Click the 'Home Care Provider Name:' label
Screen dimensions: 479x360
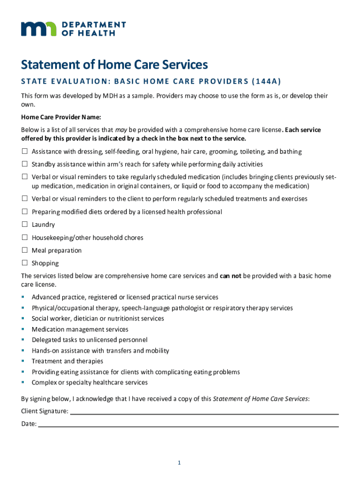coord(61,117)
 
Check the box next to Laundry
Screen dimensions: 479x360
coord(24,225)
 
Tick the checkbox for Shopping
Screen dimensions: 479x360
coord(24,263)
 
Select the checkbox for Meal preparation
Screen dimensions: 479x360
coord(24,251)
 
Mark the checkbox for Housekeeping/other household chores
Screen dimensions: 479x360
coord(24,238)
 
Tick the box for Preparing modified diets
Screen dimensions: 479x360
coord(24,212)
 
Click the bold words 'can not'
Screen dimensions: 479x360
coord(230,276)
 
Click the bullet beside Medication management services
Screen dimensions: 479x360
coord(22,329)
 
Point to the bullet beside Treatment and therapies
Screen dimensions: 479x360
coord(22,361)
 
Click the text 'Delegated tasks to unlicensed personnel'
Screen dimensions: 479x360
coord(89,340)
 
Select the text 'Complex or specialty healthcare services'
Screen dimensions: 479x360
coord(89,383)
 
